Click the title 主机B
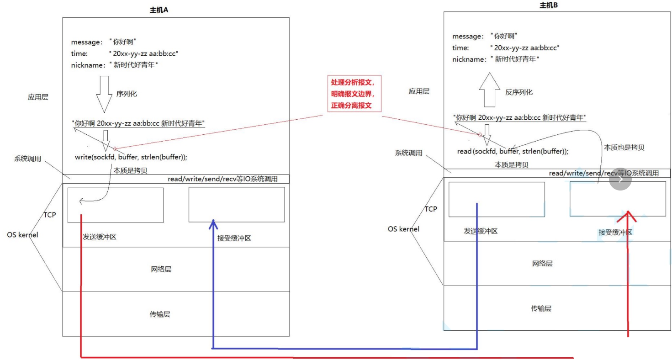pos(549,5)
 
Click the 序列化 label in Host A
pos(127,94)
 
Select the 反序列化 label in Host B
pos(519,92)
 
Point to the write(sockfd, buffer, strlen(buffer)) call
pos(131,157)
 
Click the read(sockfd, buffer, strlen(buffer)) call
pos(513,151)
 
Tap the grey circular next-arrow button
pos(620,180)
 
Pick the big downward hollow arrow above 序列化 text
pos(104,93)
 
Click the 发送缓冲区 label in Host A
pos(99,237)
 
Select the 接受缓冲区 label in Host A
pos(234,238)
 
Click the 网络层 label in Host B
pos(542,264)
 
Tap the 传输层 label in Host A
pos(161,314)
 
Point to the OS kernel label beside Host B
pos(403,229)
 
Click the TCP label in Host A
pos(50,215)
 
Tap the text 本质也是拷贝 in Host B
pos(624,148)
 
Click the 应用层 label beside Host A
pos(38,97)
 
